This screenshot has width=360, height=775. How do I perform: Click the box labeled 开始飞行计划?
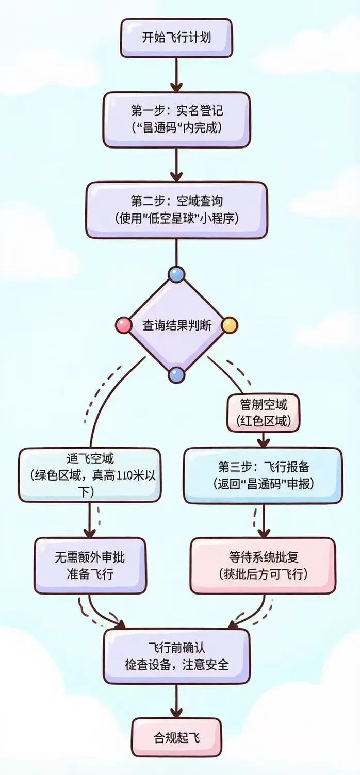[176, 38]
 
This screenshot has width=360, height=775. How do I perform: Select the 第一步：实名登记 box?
[176, 119]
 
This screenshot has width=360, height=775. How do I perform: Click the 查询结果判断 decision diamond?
[176, 325]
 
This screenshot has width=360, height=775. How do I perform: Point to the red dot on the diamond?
[124, 325]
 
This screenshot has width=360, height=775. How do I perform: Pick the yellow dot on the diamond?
[230, 325]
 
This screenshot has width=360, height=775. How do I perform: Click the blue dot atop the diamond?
[176, 274]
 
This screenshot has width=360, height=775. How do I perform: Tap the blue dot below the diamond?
[176, 375]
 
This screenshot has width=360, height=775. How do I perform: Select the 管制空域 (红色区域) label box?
[263, 413]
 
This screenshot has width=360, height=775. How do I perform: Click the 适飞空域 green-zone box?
[89, 475]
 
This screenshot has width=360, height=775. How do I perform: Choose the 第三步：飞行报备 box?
[263, 475]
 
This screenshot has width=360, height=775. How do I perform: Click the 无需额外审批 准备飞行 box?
[89, 565]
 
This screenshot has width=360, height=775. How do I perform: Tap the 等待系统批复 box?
[263, 565]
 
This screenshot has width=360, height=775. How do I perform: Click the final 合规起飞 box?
[176, 738]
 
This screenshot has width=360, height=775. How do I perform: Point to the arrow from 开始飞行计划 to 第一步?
[176, 73]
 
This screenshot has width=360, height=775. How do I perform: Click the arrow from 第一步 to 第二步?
[176, 164]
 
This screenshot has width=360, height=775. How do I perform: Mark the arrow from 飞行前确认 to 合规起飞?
[176, 701]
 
